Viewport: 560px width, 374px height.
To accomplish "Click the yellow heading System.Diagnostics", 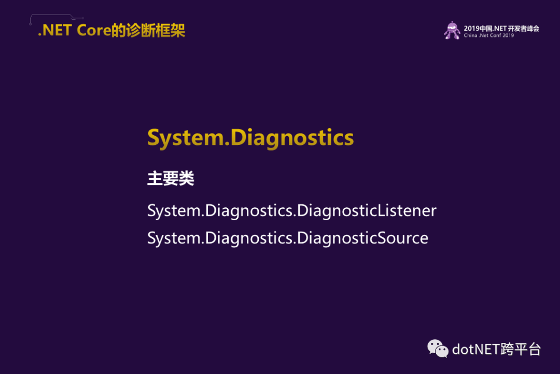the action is (x=250, y=138).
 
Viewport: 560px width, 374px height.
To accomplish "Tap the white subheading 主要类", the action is (x=171, y=178).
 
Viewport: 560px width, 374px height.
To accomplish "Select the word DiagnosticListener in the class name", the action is (x=367, y=210).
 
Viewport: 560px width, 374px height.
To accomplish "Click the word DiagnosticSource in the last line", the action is (x=362, y=238).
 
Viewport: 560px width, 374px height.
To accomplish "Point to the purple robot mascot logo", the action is (x=452, y=31).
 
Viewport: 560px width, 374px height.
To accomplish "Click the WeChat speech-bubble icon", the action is (x=438, y=349).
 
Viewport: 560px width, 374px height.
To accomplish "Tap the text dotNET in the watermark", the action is (x=476, y=349).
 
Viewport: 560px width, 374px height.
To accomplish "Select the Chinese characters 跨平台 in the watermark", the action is (x=521, y=349).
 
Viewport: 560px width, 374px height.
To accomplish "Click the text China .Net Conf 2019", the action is (x=488, y=35).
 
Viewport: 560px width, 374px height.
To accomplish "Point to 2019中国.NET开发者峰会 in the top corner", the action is (x=501, y=28).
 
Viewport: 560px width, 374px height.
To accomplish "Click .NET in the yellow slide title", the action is (x=55, y=31).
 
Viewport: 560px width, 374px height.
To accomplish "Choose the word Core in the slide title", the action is (x=94, y=31).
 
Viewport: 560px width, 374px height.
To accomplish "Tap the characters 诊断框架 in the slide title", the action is (x=156, y=31).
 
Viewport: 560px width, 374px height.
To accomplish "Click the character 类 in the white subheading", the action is (x=187, y=178).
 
